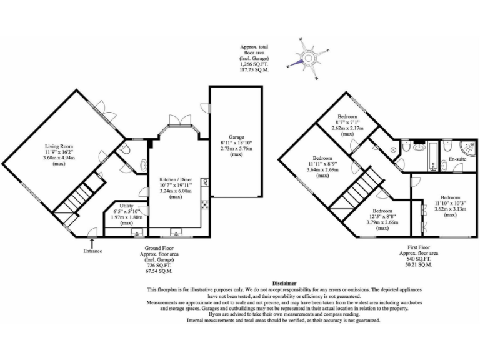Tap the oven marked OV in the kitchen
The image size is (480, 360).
pos(204,183)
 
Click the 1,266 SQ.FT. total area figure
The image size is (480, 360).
pos(254,64)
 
